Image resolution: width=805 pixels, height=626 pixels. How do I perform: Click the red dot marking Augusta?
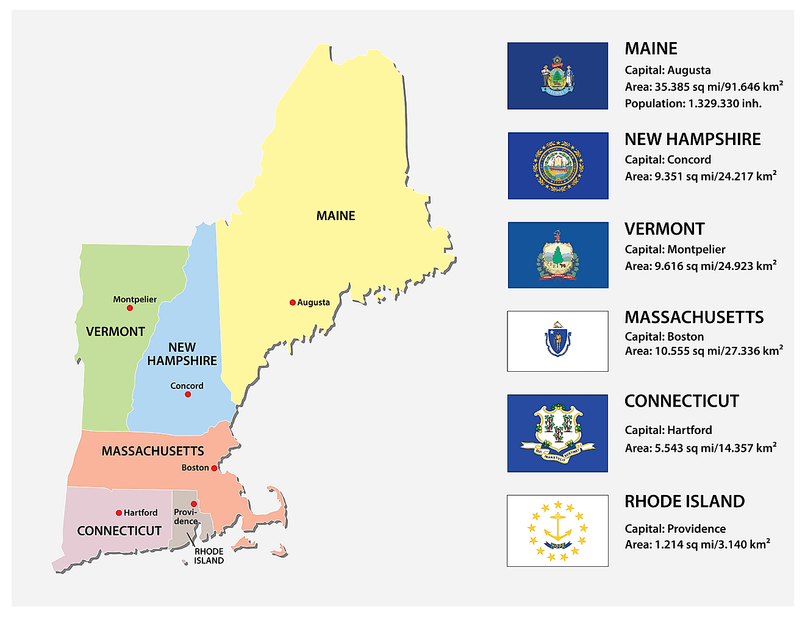click(x=293, y=302)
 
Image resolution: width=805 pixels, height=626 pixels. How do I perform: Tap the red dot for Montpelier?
click(x=130, y=308)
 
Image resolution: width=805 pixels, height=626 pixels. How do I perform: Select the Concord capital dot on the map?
click(x=188, y=394)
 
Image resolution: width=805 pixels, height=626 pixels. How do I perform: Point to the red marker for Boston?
click(x=214, y=468)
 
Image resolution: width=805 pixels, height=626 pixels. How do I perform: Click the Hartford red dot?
click(x=119, y=513)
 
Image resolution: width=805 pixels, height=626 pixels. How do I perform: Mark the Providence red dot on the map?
click(x=193, y=504)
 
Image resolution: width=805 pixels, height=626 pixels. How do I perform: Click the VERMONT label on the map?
click(x=115, y=332)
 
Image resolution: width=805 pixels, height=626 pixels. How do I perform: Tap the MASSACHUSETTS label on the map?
click(x=152, y=451)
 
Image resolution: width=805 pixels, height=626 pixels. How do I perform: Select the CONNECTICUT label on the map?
click(x=119, y=531)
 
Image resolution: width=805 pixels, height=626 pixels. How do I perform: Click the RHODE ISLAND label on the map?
click(x=209, y=556)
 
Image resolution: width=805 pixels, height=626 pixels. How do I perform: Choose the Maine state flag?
click(x=557, y=76)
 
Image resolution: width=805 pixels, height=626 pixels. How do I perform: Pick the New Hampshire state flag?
click(x=558, y=166)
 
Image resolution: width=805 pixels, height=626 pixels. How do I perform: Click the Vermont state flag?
click(x=558, y=255)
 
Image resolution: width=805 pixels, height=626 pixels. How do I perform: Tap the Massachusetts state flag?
click(x=557, y=341)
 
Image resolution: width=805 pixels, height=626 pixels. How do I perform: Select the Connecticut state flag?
click(x=557, y=433)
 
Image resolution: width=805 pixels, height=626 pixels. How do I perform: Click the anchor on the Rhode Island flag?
click(x=557, y=530)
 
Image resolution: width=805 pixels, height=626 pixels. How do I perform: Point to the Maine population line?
click(x=693, y=104)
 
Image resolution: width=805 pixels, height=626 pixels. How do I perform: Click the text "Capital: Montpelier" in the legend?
click(x=675, y=249)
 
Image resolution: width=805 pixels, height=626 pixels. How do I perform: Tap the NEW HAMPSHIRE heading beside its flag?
click(x=692, y=140)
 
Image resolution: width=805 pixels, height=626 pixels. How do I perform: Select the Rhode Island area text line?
click(x=697, y=544)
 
